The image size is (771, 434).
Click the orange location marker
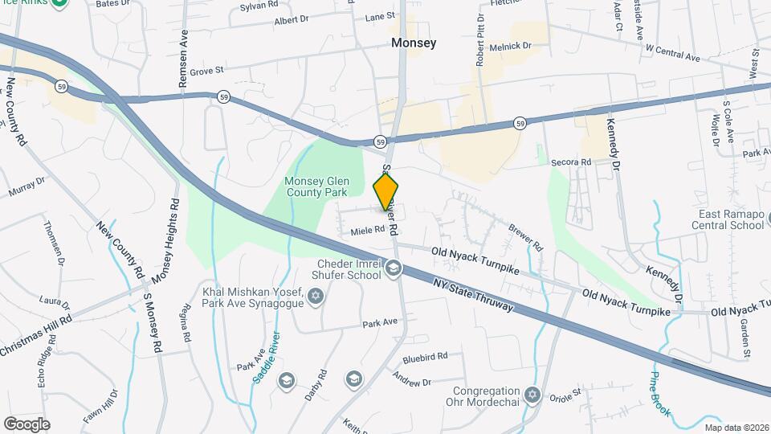(386, 191)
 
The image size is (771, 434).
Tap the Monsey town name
(414, 43)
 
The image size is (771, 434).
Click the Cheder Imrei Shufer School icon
(394, 268)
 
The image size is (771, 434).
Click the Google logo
(27, 424)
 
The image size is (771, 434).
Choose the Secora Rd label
(571, 162)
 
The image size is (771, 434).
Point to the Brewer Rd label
(526, 236)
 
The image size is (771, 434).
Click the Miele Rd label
(368, 231)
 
